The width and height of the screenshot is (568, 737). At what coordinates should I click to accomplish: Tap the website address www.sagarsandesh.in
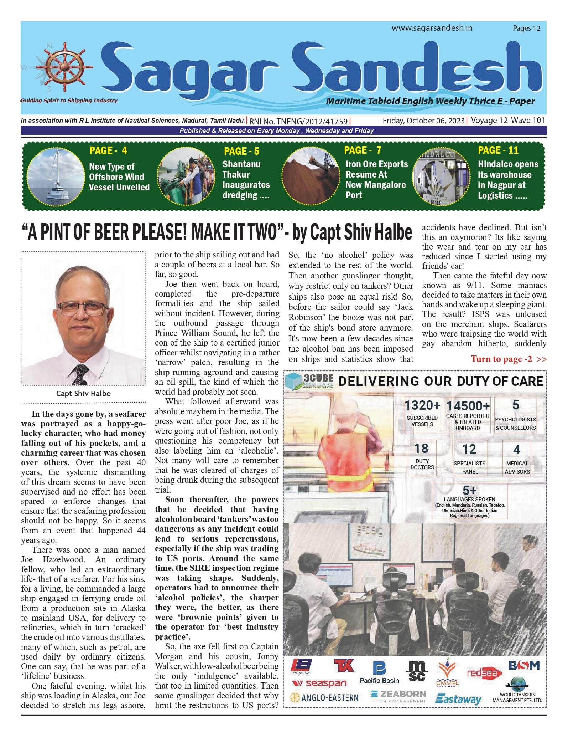(x=432, y=28)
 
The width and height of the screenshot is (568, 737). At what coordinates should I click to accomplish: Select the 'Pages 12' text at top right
(x=526, y=28)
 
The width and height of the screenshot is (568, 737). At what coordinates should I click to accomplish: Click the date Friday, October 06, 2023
(x=423, y=121)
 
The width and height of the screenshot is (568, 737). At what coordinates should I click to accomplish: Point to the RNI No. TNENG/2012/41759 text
(x=298, y=121)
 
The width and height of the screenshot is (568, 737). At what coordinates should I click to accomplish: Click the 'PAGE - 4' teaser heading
(x=108, y=150)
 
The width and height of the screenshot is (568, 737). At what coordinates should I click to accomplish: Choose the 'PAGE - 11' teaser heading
(x=498, y=150)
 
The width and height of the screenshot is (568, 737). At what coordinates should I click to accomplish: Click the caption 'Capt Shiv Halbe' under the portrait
(x=83, y=394)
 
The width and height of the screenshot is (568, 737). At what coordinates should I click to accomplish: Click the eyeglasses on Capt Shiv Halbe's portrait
(x=83, y=308)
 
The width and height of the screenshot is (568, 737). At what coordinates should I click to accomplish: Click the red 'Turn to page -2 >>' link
(x=508, y=359)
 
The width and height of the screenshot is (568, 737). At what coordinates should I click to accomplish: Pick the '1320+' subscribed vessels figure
(x=422, y=405)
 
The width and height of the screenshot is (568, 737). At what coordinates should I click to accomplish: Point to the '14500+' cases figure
(x=468, y=406)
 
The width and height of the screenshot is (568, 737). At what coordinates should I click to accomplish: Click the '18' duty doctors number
(x=422, y=448)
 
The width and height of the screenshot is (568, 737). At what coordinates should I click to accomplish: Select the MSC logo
(x=417, y=671)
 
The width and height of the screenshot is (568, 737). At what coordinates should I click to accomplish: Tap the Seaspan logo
(x=319, y=683)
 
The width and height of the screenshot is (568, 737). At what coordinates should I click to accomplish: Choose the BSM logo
(x=524, y=666)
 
